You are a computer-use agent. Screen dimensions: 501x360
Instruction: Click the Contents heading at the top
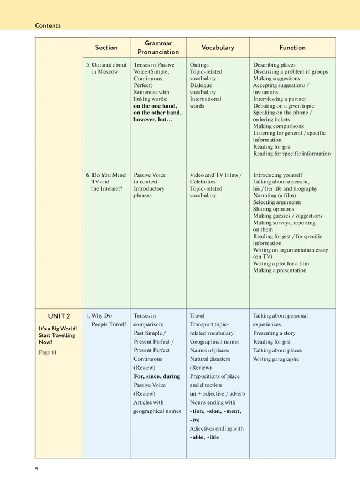click(x=48, y=25)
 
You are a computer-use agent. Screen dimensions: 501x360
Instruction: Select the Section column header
click(x=106, y=48)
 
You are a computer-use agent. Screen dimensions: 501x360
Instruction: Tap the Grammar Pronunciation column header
click(x=158, y=48)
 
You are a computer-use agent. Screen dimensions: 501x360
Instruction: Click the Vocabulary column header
click(x=218, y=48)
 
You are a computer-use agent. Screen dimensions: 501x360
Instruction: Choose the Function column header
click(x=292, y=48)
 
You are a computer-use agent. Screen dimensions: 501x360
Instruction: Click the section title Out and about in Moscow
click(x=106, y=68)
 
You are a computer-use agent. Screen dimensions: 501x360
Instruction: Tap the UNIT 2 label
click(x=59, y=316)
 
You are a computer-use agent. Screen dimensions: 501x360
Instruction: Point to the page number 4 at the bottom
click(x=37, y=468)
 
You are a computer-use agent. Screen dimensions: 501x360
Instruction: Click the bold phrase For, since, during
click(x=157, y=376)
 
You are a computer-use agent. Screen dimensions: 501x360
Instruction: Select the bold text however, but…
click(x=153, y=120)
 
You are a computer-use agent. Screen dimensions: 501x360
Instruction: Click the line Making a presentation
click(x=280, y=270)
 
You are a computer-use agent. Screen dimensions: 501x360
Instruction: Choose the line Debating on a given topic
click(x=284, y=106)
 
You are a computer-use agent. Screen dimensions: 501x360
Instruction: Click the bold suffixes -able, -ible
click(x=204, y=437)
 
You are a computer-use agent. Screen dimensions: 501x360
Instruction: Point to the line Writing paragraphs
click(x=276, y=359)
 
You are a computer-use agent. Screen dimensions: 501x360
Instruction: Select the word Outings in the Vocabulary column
click(x=199, y=65)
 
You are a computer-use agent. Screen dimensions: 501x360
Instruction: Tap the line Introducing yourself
click(x=279, y=175)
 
